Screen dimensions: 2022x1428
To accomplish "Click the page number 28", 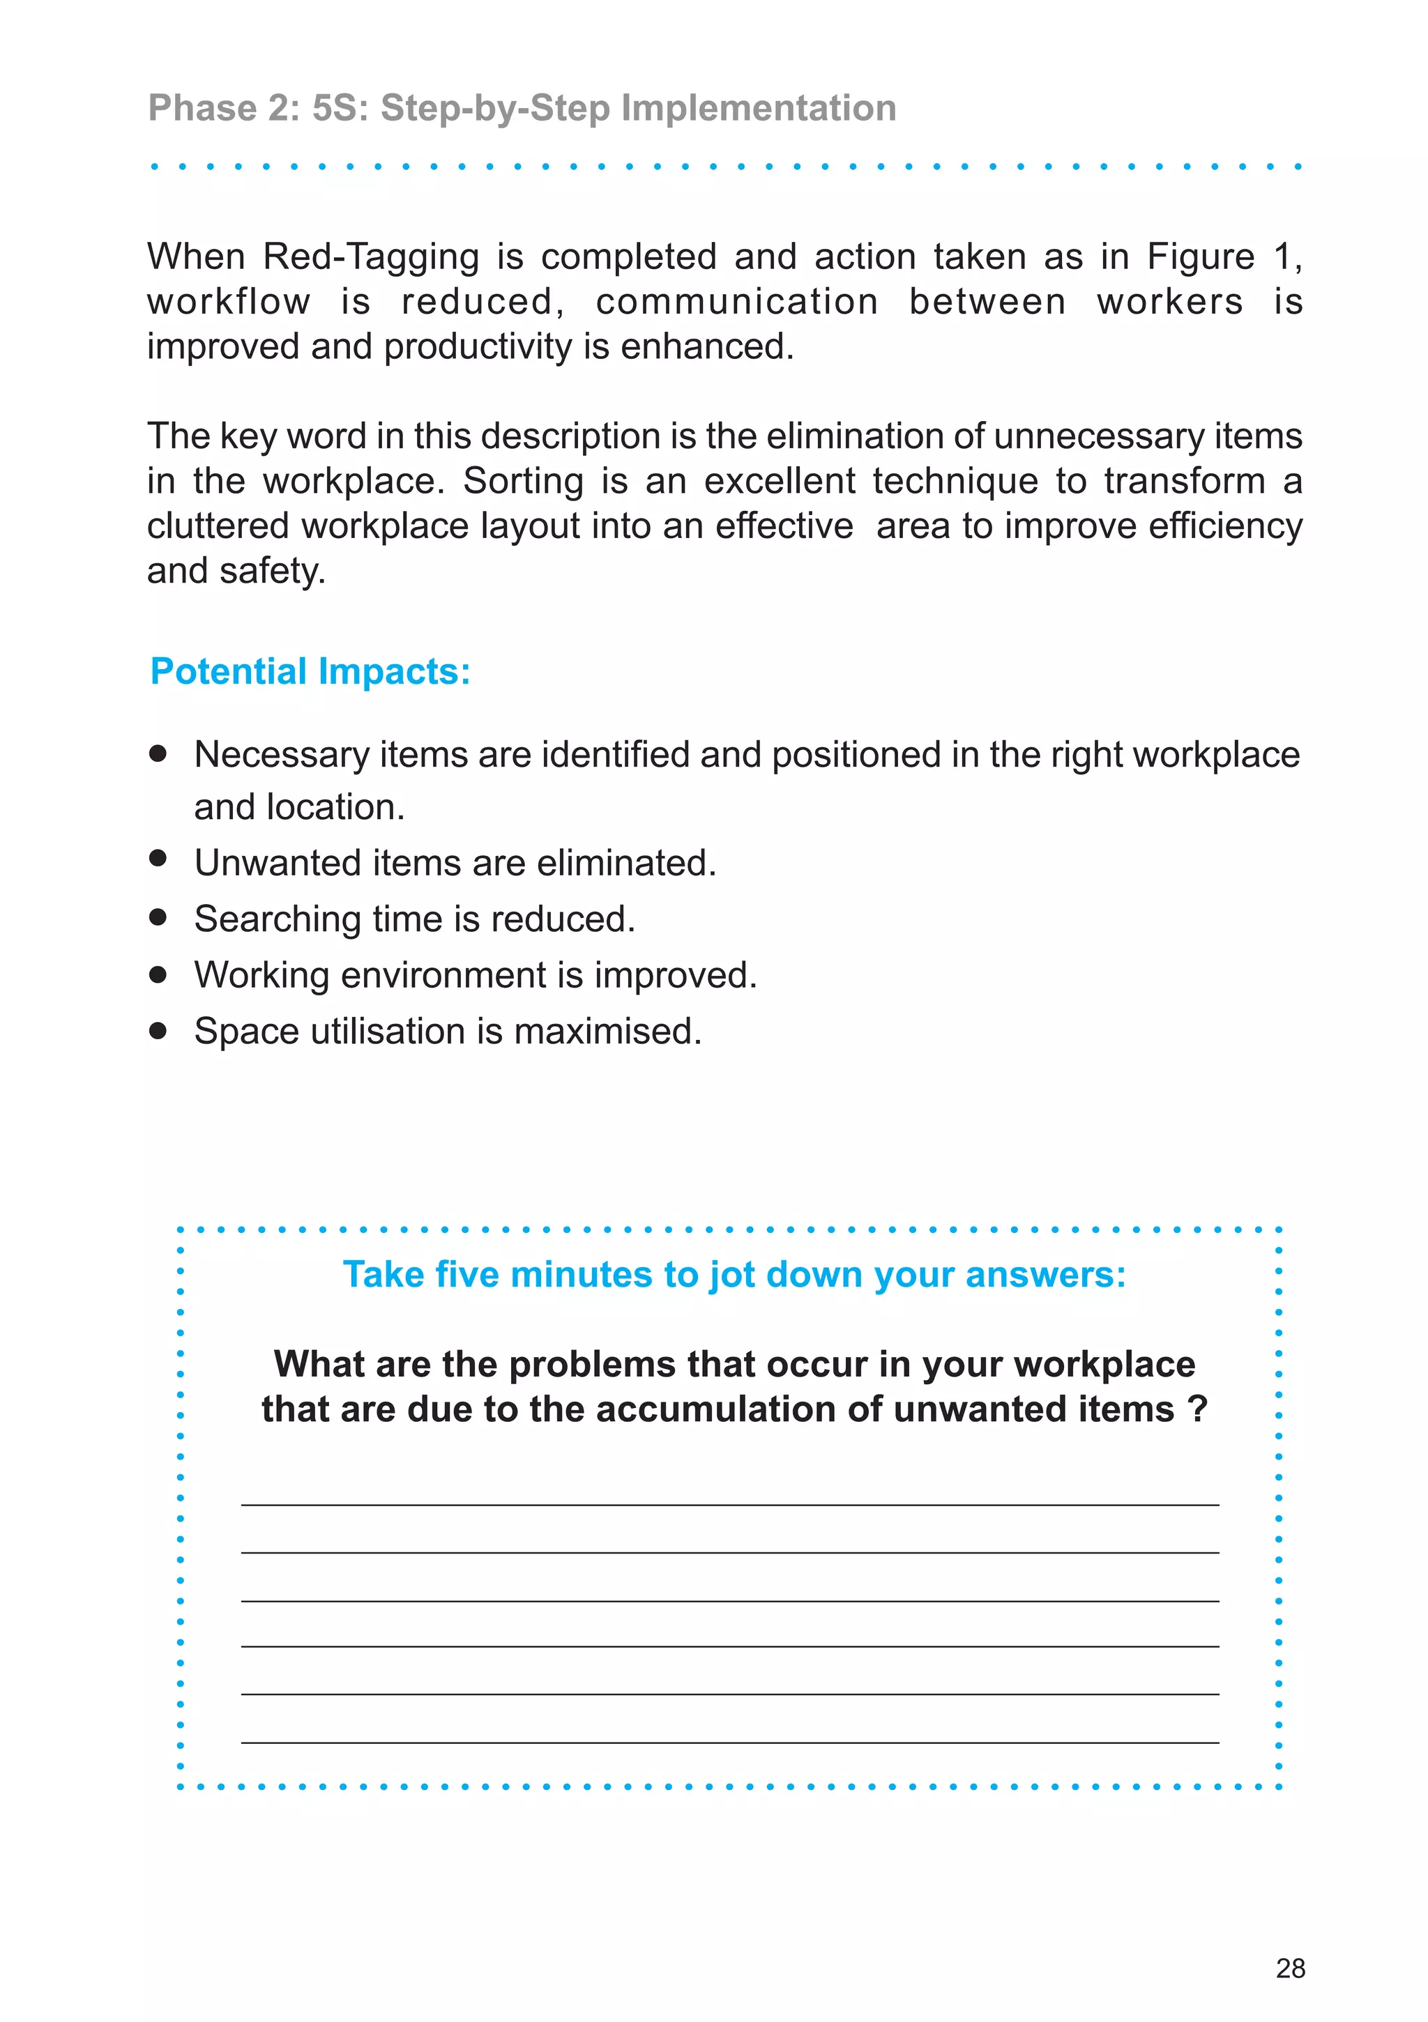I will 1290,1968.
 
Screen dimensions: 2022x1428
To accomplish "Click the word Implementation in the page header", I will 759,108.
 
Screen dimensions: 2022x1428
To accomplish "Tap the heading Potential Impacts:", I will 310,671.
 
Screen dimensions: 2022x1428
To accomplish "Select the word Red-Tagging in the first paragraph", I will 371,257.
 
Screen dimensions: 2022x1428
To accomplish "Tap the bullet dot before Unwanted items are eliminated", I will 158,858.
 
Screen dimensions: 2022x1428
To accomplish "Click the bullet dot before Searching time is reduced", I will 158,917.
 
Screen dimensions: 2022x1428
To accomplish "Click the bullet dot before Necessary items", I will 158,753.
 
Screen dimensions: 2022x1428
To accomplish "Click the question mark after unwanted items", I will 1197,1409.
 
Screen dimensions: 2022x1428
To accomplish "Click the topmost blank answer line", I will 729,1504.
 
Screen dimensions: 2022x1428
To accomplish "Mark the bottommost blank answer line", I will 729,1742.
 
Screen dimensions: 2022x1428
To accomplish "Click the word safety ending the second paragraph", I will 271,572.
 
